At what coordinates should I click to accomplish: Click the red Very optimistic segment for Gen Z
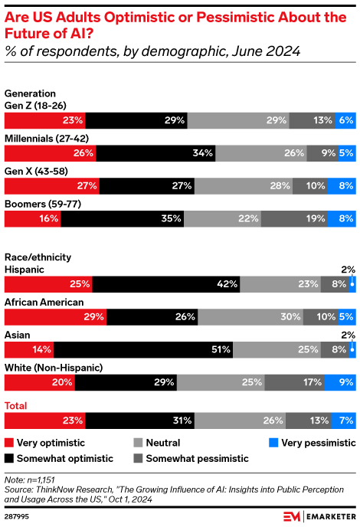coord(44,120)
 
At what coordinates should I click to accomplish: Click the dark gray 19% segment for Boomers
coord(294,219)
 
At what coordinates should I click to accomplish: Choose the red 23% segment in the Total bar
coord(44,420)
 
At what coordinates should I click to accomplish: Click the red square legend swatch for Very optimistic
coord(9,443)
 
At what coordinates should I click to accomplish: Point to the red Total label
coord(17,404)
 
